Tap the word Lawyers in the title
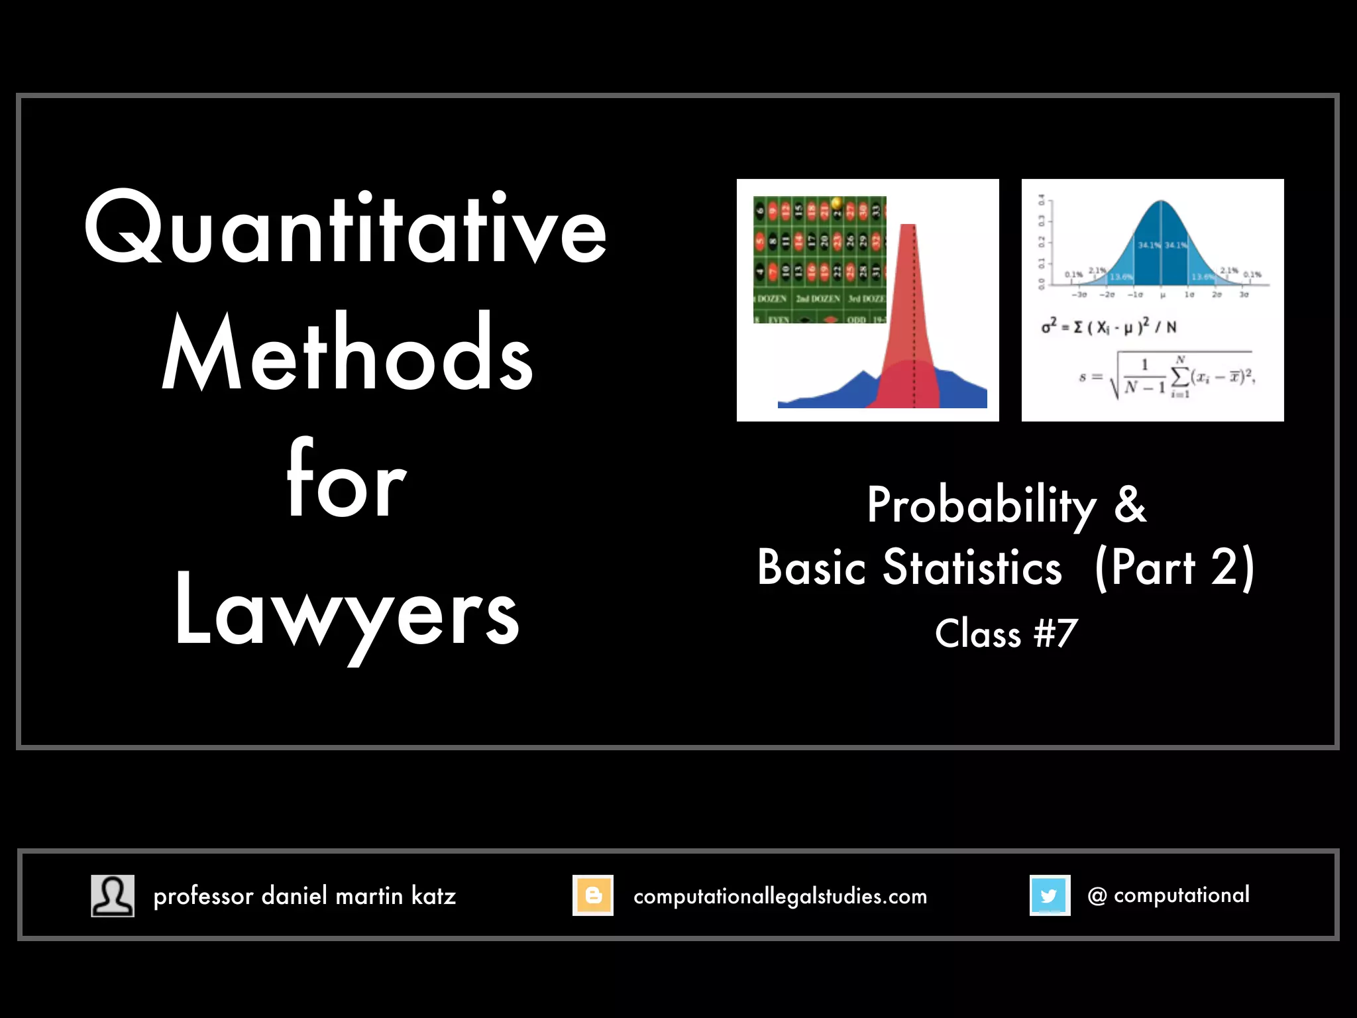(x=347, y=613)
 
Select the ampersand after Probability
(x=1130, y=505)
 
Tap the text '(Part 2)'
(x=1175, y=569)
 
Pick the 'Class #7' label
(x=1006, y=634)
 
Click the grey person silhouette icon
(x=113, y=895)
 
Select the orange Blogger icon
(x=593, y=895)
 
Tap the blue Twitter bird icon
(x=1050, y=895)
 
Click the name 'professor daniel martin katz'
(x=305, y=896)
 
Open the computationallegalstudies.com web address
(x=780, y=896)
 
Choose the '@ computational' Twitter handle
(x=1168, y=895)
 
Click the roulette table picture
(x=820, y=260)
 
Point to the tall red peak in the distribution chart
(x=908, y=298)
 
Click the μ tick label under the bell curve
(x=1162, y=295)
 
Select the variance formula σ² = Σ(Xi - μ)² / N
(x=1109, y=327)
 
